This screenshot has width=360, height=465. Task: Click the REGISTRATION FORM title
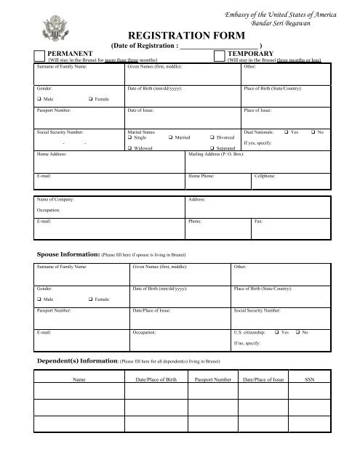click(180, 33)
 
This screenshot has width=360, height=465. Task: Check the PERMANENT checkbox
click(39, 56)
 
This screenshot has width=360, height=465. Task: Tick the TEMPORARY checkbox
click(219, 56)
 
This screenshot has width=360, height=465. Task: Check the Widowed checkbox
click(129, 148)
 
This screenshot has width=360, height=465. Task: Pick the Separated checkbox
click(211, 148)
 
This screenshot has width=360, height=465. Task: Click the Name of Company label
click(55, 198)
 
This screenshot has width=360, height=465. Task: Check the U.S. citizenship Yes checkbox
click(275, 332)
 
